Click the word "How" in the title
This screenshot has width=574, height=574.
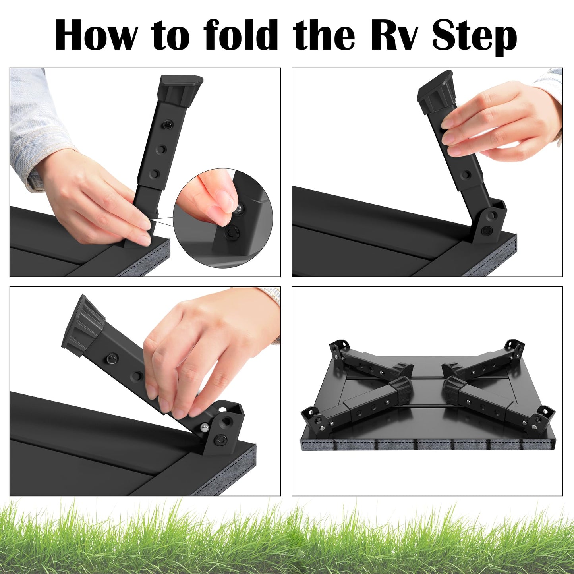pos(96,35)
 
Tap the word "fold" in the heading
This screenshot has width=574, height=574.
pos(240,35)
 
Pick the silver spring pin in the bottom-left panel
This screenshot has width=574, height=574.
pos(205,427)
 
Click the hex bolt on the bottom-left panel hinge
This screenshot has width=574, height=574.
pos(221,439)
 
